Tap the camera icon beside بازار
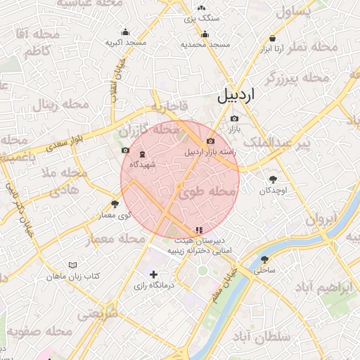234,119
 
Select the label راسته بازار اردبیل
211,151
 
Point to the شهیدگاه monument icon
143,154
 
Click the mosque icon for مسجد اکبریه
126,32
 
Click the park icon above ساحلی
264,259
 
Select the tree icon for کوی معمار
115,204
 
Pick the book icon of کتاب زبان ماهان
72,264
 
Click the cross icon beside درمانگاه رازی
154,274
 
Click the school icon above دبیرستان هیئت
200,229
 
